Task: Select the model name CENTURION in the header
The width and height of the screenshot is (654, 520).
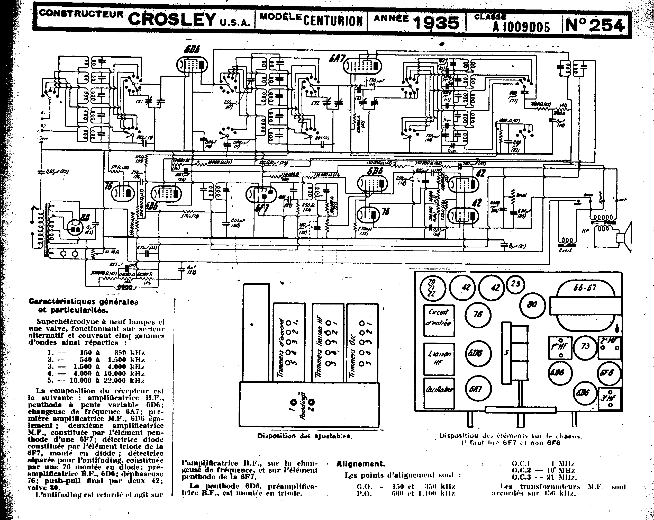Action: (x=333, y=21)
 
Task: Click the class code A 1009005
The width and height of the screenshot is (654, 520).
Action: (x=521, y=28)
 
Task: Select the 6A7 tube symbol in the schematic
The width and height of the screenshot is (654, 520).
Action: (x=362, y=66)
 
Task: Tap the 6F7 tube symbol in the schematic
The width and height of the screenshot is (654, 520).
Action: (x=261, y=194)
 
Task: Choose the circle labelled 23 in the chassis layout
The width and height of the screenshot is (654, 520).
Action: (x=515, y=284)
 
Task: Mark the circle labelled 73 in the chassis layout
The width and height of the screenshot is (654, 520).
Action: (x=585, y=346)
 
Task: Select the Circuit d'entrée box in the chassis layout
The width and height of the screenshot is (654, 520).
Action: (x=439, y=320)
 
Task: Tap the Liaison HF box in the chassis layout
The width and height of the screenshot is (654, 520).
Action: (x=439, y=359)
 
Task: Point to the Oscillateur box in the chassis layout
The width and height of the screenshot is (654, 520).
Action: (x=439, y=393)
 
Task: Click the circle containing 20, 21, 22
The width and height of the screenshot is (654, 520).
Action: (x=432, y=287)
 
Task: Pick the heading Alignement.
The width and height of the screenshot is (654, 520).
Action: (x=361, y=464)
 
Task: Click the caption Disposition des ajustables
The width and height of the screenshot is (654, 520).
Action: (x=304, y=436)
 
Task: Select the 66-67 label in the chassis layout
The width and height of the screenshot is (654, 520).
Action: (x=584, y=287)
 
